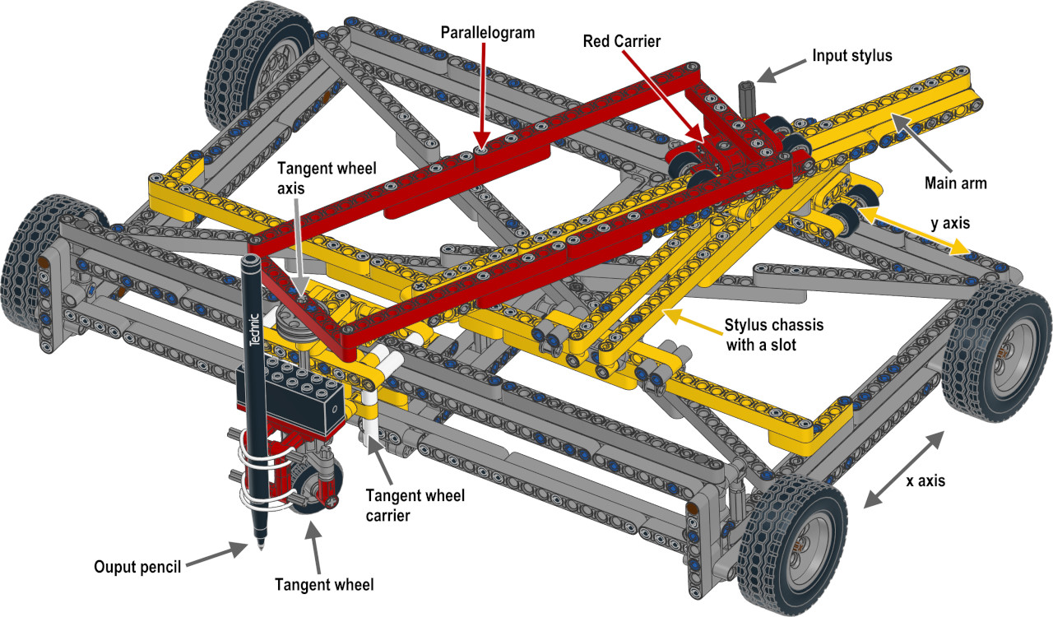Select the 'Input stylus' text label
pos(851,56)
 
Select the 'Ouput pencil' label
pos(137,567)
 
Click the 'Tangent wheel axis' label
pos(327,177)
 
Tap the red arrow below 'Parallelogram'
pos(483,95)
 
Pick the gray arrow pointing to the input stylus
pos(778,71)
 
